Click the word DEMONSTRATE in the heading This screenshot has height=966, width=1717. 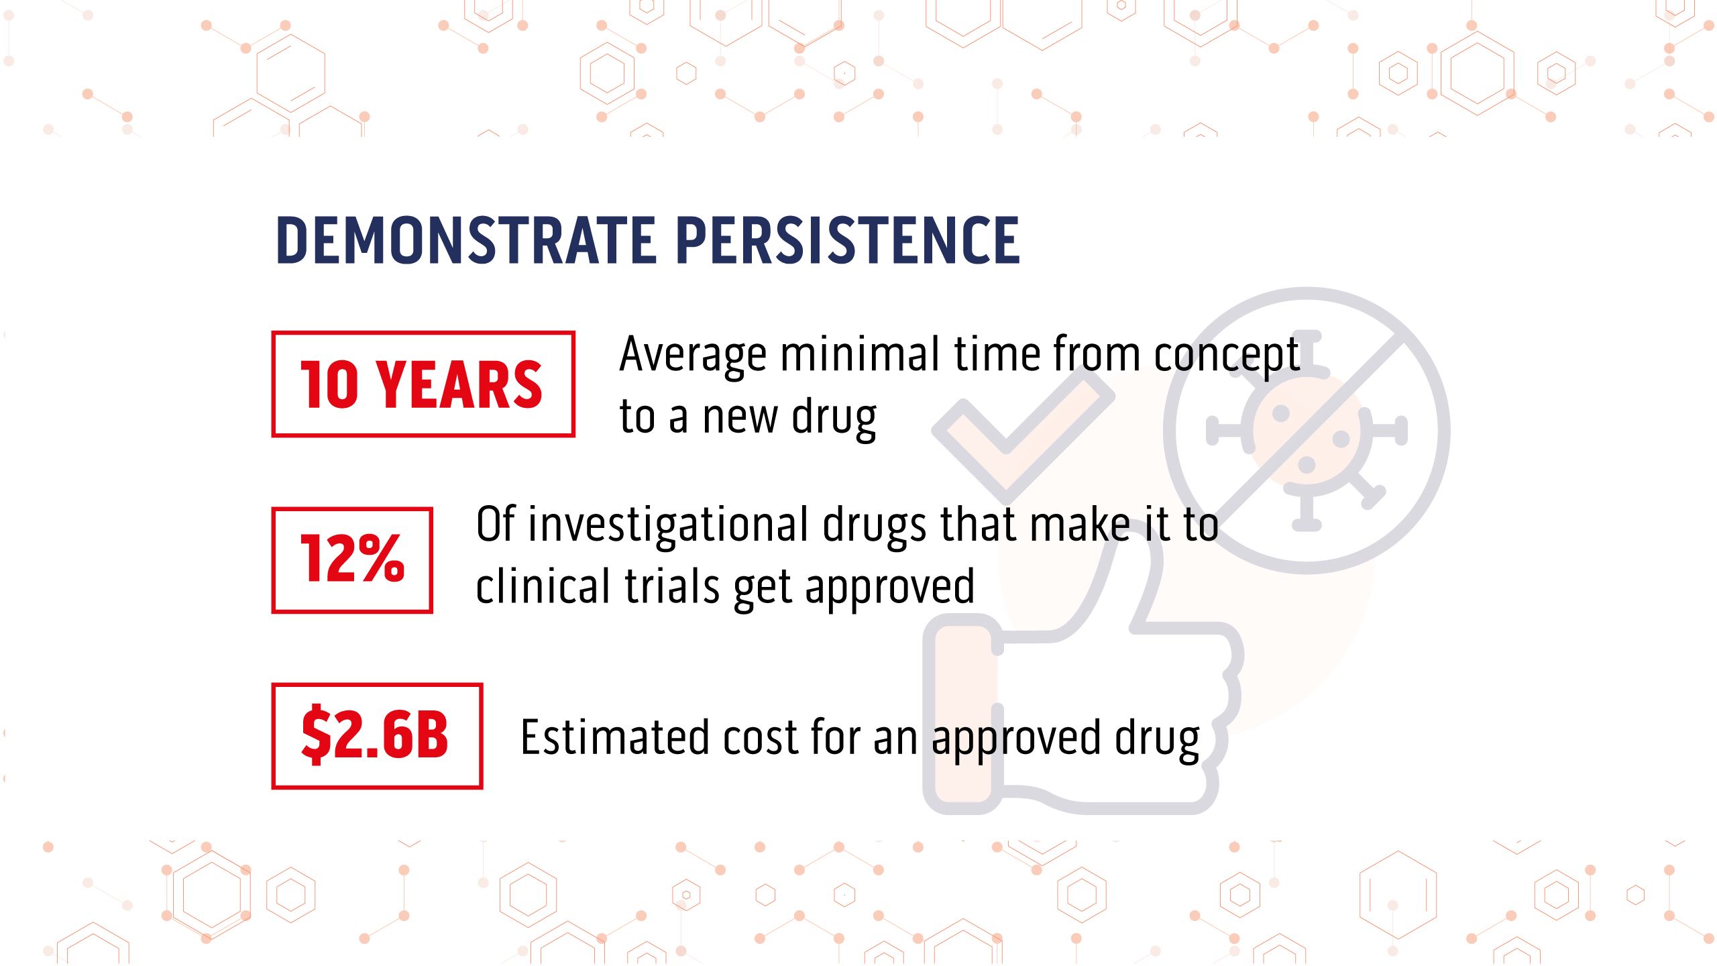point(465,239)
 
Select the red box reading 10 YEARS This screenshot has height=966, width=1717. point(423,384)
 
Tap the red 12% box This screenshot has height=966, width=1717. point(352,560)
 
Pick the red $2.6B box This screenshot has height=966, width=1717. point(376,736)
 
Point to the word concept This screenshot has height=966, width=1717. point(1227,356)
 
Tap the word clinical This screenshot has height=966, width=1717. point(543,587)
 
